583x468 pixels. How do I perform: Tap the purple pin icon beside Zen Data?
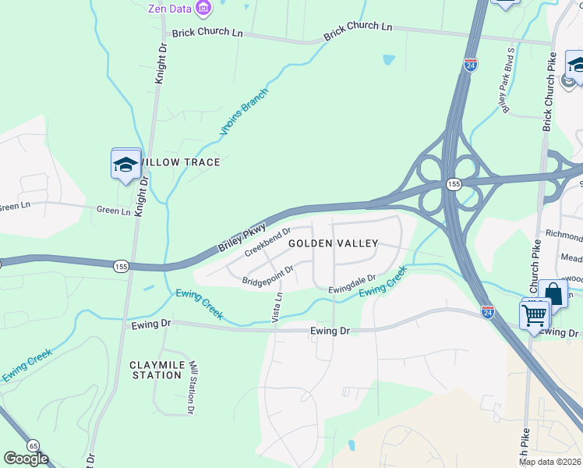204,8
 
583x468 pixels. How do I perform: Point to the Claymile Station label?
156,370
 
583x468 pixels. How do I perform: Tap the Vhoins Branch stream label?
243,112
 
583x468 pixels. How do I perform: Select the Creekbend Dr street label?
267,242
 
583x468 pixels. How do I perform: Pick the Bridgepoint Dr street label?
267,275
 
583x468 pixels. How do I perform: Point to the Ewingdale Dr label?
352,282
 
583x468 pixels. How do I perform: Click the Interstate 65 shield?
34,445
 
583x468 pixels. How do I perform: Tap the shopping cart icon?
535,315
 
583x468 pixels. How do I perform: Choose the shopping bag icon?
553,295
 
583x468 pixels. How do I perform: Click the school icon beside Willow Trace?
125,165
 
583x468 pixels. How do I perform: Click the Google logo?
26,459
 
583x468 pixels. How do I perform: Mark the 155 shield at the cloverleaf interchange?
453,184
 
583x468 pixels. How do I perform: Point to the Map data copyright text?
550,462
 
